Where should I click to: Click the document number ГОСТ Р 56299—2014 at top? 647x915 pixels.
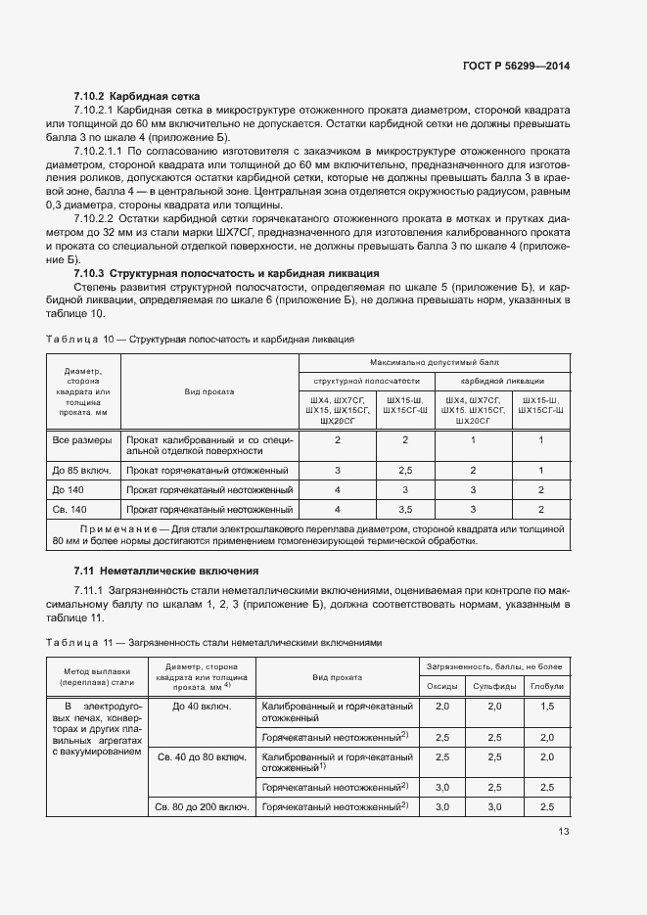515,66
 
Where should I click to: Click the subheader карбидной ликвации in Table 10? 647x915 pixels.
502,382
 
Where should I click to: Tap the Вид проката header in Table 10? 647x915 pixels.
208,391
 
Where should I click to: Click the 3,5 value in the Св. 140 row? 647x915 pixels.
404,509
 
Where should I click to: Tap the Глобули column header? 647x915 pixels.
546,685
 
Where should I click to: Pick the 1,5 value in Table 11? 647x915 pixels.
546,706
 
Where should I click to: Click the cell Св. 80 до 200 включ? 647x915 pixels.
200,806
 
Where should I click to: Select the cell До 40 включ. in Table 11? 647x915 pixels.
201,706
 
